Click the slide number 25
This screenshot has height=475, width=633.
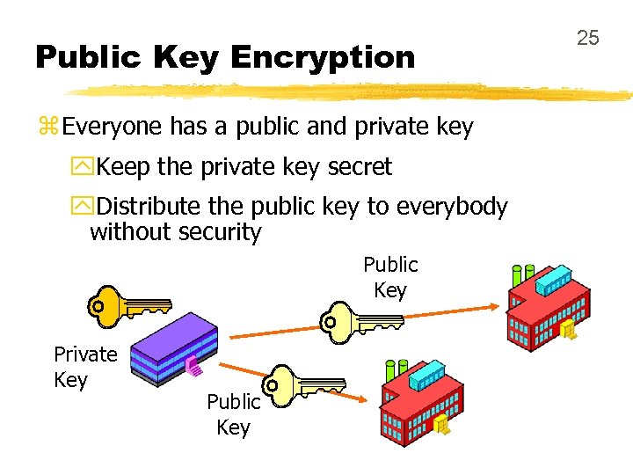(587, 38)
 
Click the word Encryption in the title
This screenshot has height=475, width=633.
(323, 58)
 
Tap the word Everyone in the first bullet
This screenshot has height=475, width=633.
(113, 128)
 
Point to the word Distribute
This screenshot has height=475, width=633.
(149, 207)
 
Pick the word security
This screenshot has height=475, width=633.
(220, 233)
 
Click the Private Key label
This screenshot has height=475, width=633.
(84, 367)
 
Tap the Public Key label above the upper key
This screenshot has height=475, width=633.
(390, 277)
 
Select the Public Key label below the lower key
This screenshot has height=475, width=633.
(233, 414)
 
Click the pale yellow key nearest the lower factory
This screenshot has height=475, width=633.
(304, 384)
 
